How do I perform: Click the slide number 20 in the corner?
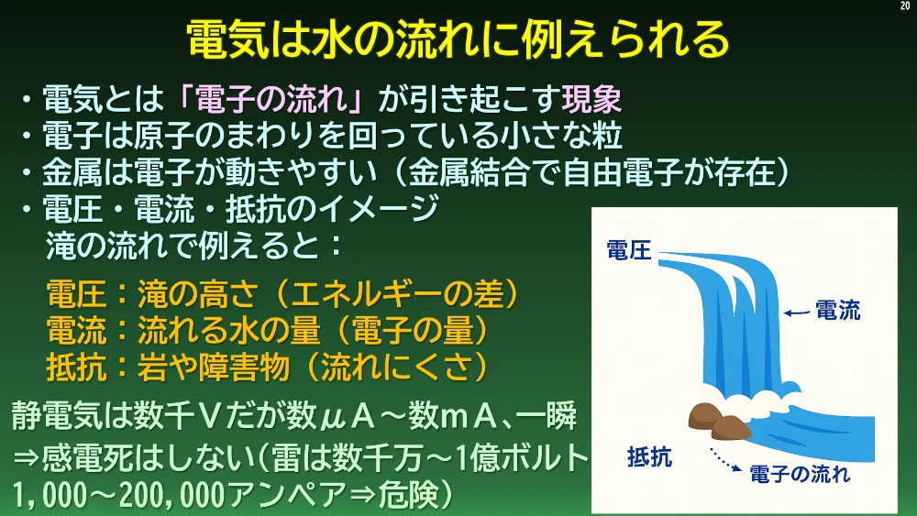(905, 5)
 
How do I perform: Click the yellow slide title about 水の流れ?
(458, 39)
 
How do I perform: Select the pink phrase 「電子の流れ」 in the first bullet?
(272, 98)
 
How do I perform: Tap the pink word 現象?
(591, 98)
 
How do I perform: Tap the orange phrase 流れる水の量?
(228, 330)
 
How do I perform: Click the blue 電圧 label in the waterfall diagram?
(629, 250)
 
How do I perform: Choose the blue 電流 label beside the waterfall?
(838, 311)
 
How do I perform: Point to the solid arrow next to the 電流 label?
(797, 313)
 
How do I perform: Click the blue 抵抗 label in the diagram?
(650, 456)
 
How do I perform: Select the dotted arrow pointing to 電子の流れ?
(725, 459)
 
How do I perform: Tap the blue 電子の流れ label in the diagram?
(800, 474)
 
